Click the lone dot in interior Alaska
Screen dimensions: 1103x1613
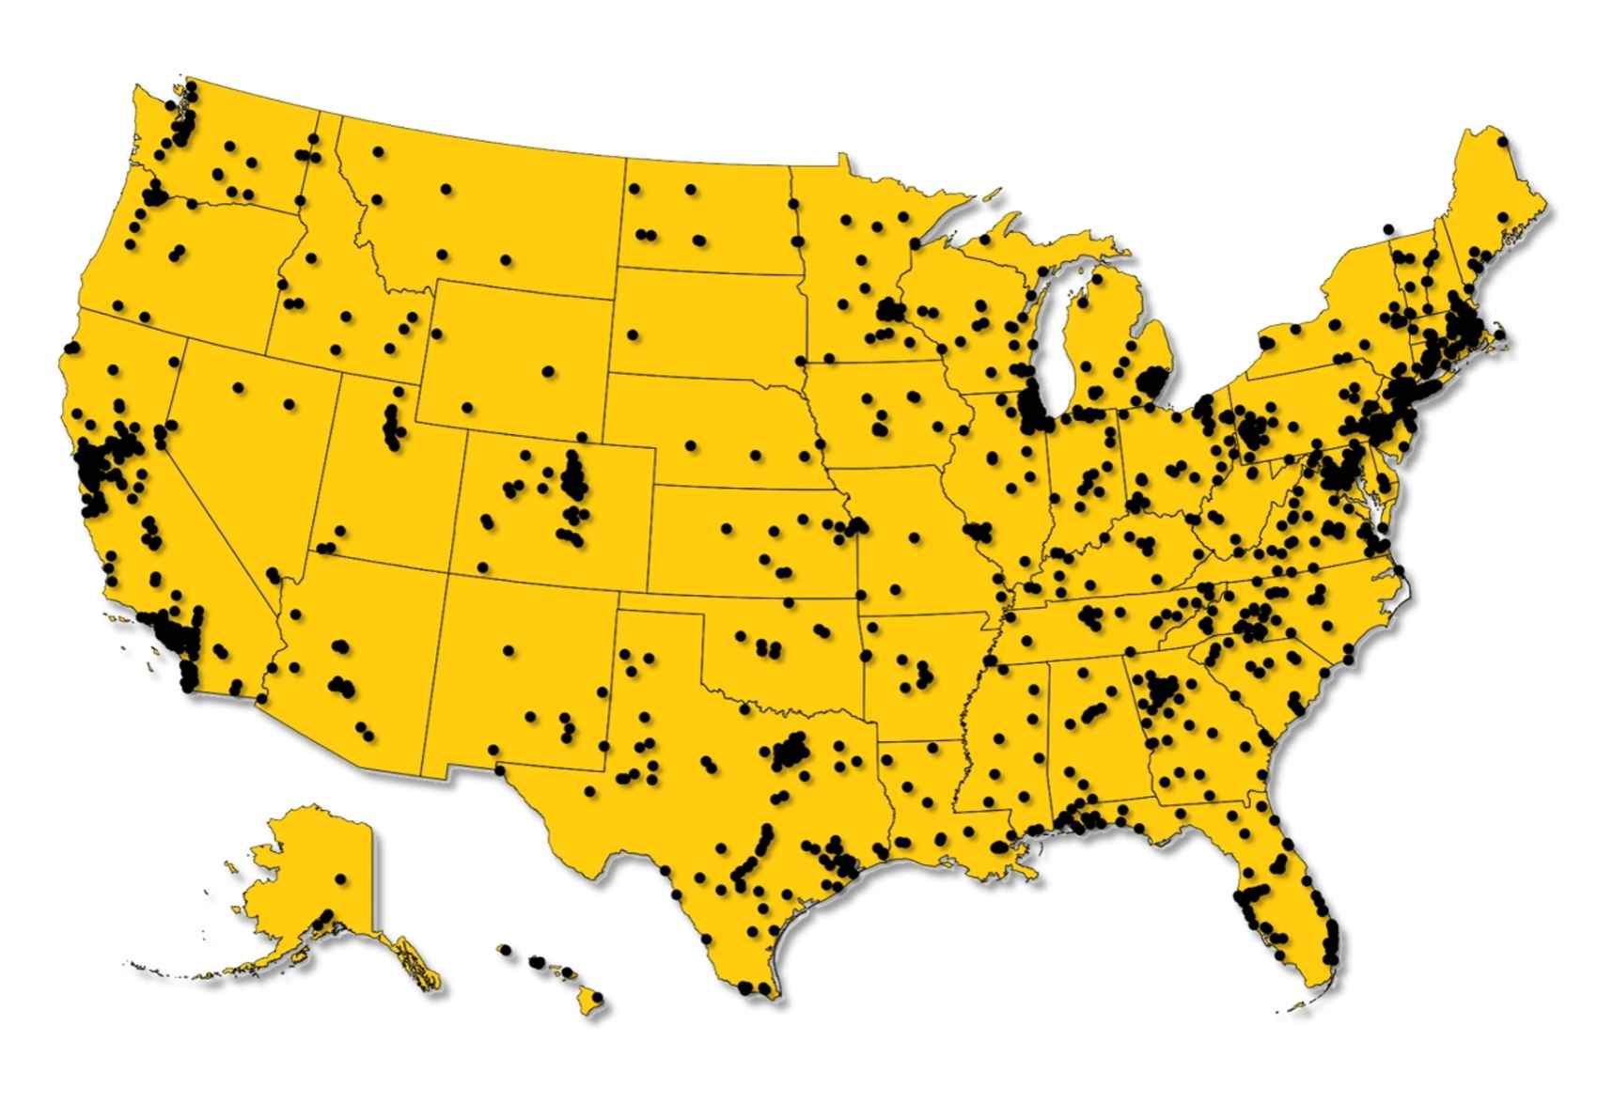(340, 878)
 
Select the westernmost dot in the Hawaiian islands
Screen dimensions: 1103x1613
(505, 951)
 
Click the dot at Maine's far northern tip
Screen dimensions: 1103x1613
(1502, 141)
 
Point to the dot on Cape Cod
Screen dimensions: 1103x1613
(1499, 334)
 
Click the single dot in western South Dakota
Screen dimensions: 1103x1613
(634, 334)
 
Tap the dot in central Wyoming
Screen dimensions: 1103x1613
(548, 371)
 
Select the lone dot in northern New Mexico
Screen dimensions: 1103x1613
(509, 650)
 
